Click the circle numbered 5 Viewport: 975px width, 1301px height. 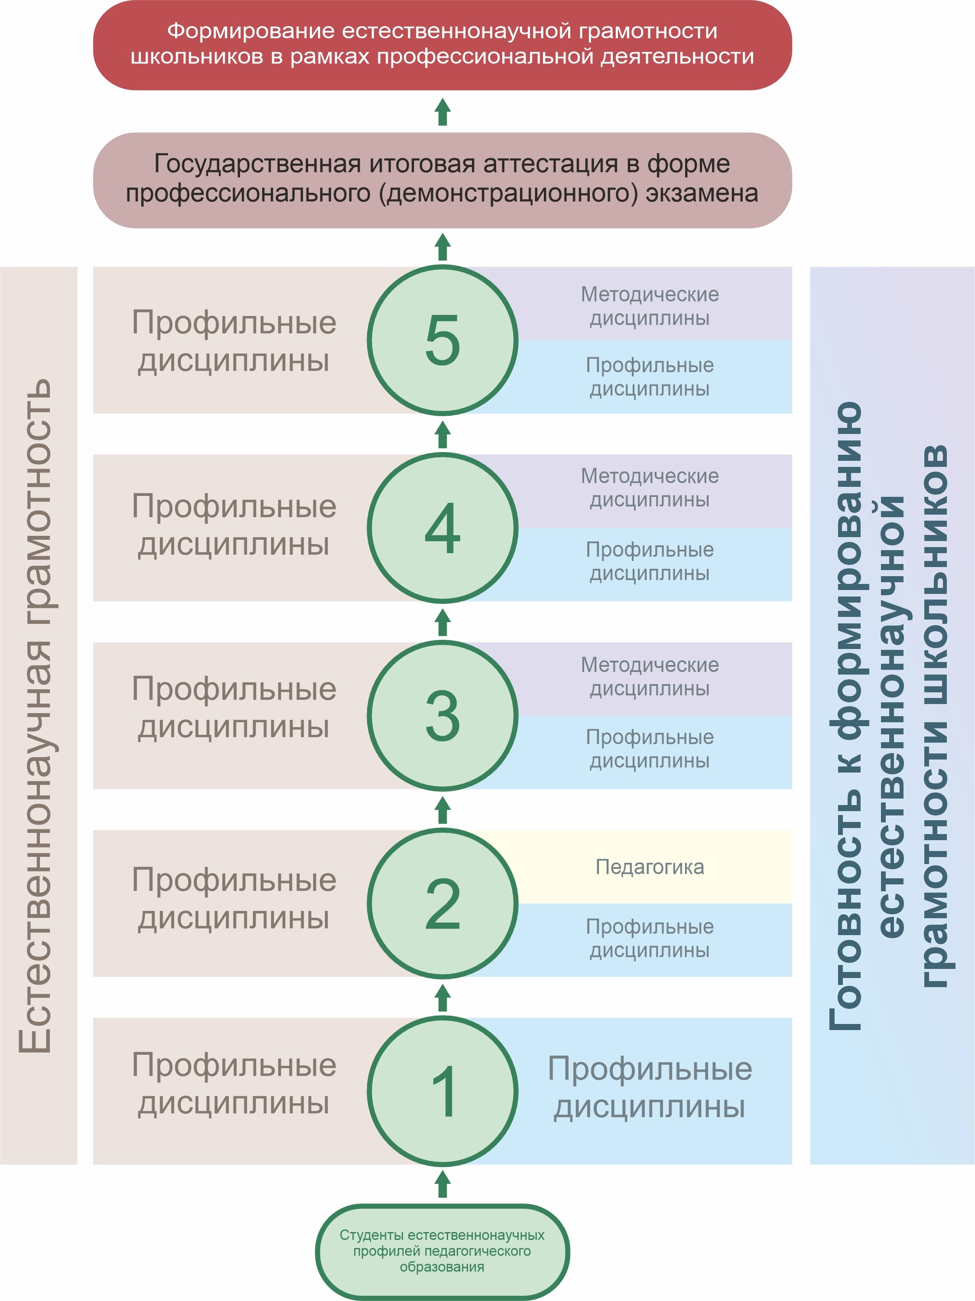point(442,339)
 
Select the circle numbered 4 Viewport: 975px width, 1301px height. point(442,528)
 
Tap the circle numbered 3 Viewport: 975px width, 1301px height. point(442,716)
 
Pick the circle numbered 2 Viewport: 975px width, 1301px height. point(442,903)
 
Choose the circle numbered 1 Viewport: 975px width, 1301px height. point(442,1091)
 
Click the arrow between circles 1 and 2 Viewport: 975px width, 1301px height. point(443,998)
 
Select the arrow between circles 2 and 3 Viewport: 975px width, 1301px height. point(443,810)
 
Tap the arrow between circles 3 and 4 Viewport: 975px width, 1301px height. point(443,622)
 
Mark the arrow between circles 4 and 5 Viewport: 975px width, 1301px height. point(443,434)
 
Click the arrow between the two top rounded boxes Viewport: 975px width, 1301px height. point(443,112)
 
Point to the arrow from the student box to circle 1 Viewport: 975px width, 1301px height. point(443,1184)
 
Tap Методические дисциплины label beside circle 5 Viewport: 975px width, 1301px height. point(650,306)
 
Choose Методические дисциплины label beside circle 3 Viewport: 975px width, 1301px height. point(650,676)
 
